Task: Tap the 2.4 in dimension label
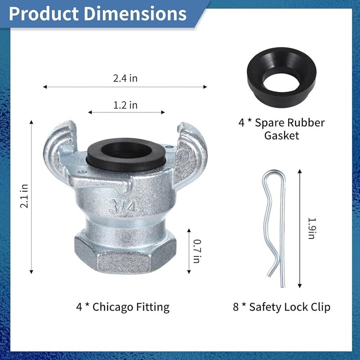point(125,78)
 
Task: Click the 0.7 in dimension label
point(197,251)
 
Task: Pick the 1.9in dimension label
point(310,228)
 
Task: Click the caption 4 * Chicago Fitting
point(122,307)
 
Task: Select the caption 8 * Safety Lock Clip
point(281,307)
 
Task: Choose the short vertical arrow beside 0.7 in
point(189,251)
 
